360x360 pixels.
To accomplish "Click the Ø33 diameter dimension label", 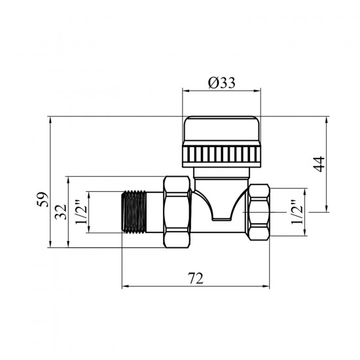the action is (x=221, y=82).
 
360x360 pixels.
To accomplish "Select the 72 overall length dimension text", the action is (x=196, y=278).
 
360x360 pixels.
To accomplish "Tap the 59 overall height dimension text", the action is (x=43, y=199).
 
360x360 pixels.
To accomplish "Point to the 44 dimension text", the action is (x=319, y=164).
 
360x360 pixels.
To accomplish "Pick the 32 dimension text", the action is (x=61, y=212).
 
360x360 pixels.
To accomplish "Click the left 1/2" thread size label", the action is (x=81, y=211).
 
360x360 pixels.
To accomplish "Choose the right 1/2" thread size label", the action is (x=297, y=211).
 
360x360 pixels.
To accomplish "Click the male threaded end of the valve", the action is (x=134, y=212).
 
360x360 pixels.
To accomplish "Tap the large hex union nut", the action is (x=177, y=212).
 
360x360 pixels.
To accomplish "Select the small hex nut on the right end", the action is (x=259, y=212).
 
